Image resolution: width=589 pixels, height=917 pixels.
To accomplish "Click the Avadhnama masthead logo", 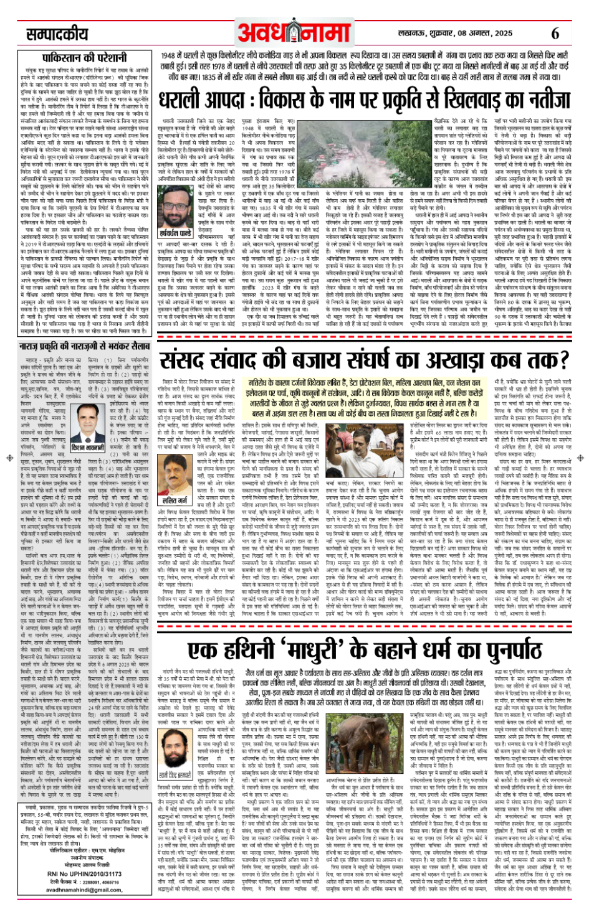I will [294, 32].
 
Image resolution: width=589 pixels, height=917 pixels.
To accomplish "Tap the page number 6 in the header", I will [555, 33].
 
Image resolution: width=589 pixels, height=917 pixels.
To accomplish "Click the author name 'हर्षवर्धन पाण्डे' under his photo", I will [176, 233].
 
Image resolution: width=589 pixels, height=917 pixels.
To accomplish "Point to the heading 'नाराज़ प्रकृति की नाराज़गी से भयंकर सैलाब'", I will [85, 346].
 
